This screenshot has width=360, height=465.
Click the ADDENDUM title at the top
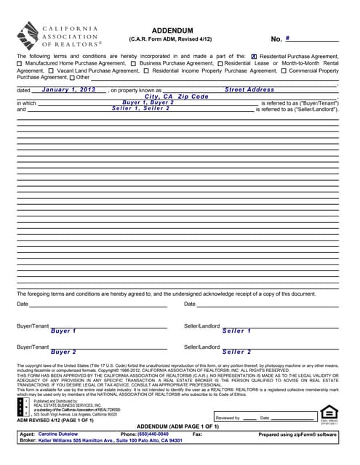(172, 30)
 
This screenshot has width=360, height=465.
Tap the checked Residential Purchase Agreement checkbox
(254, 56)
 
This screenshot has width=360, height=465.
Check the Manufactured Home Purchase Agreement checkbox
(20, 64)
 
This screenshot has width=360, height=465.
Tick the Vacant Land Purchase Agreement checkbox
(52, 71)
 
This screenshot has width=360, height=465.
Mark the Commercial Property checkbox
(283, 71)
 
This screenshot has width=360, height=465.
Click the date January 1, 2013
(69, 89)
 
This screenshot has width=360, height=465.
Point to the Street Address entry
(249, 89)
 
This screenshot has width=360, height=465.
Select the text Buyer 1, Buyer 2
(148, 102)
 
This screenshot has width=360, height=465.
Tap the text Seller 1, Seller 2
(141, 108)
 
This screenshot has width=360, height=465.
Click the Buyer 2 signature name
(64, 352)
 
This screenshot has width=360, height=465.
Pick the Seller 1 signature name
(237, 331)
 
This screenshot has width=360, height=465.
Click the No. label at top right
(276, 39)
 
